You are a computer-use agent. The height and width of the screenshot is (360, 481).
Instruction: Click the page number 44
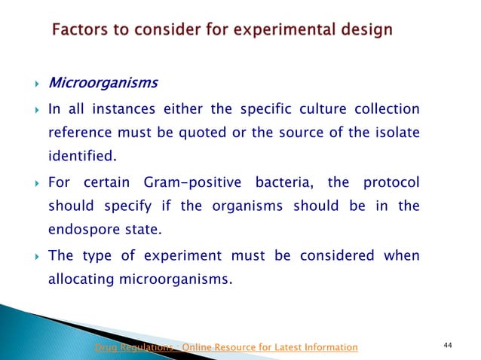click(448, 345)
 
